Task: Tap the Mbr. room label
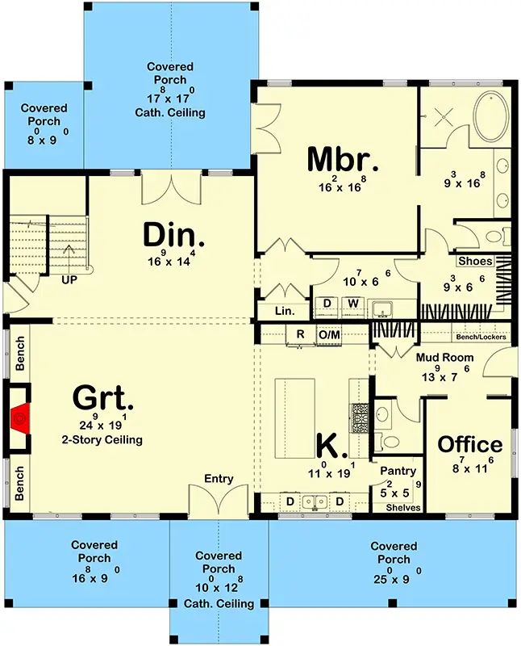tap(343, 159)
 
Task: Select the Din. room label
tap(173, 235)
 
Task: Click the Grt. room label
tap(103, 398)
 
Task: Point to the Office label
tap(470, 445)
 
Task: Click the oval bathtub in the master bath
tap(492, 116)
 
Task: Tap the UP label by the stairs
tap(69, 280)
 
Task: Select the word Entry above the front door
tap(219, 478)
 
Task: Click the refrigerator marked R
tap(300, 334)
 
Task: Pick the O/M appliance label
tap(329, 334)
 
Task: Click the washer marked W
tap(352, 304)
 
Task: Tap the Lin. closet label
tap(285, 311)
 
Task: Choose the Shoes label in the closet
tap(475, 261)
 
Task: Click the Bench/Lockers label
tap(481, 337)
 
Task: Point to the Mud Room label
tap(445, 357)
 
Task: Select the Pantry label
tap(398, 471)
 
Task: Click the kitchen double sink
tap(315, 501)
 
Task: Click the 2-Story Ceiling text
tap(102, 439)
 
